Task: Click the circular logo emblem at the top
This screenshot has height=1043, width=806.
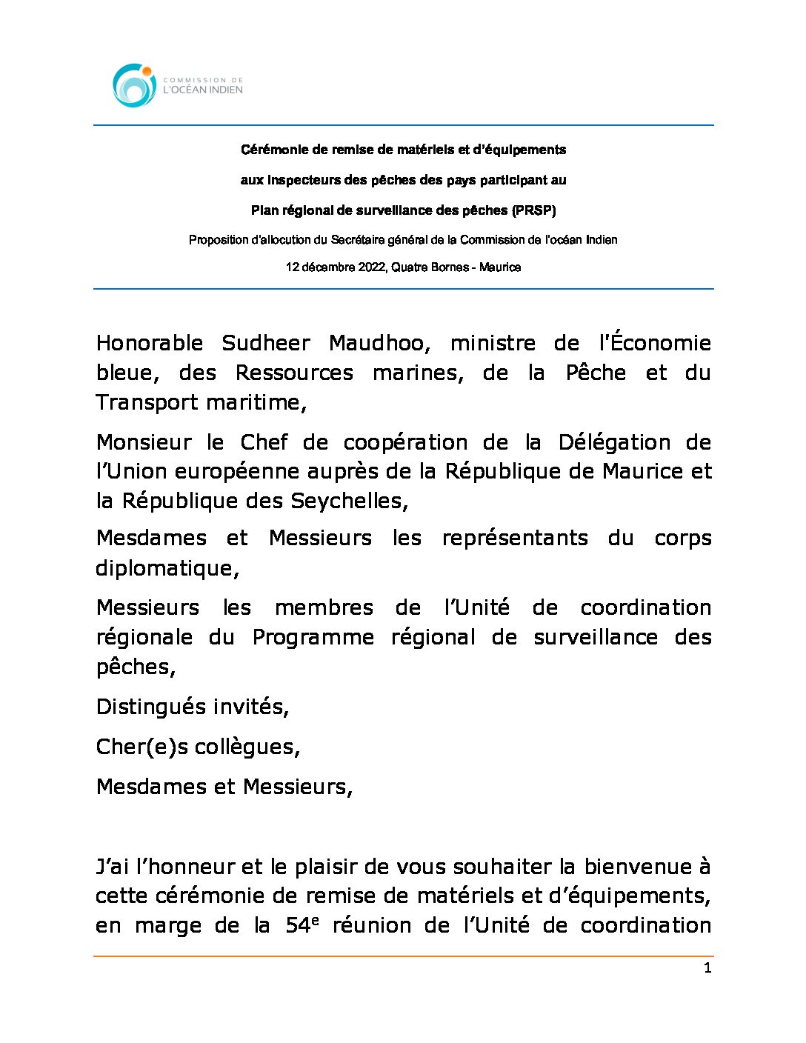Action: click(x=134, y=85)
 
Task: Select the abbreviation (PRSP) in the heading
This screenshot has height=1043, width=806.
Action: click(x=533, y=210)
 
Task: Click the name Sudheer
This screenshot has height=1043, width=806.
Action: click(x=266, y=343)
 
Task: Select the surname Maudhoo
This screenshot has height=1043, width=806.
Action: click(x=379, y=343)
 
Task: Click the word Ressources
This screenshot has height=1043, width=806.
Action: click(x=294, y=373)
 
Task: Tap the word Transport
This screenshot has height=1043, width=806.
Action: click(x=148, y=402)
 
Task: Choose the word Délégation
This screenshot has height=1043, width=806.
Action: click(x=614, y=442)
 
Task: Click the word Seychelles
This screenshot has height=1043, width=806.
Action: click(x=348, y=501)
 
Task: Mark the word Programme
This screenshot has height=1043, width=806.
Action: click(x=313, y=637)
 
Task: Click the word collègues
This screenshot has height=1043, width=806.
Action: click(x=247, y=747)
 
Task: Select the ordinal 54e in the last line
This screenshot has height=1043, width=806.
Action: click(x=302, y=925)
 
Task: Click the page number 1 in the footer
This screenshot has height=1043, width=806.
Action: click(x=707, y=968)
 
